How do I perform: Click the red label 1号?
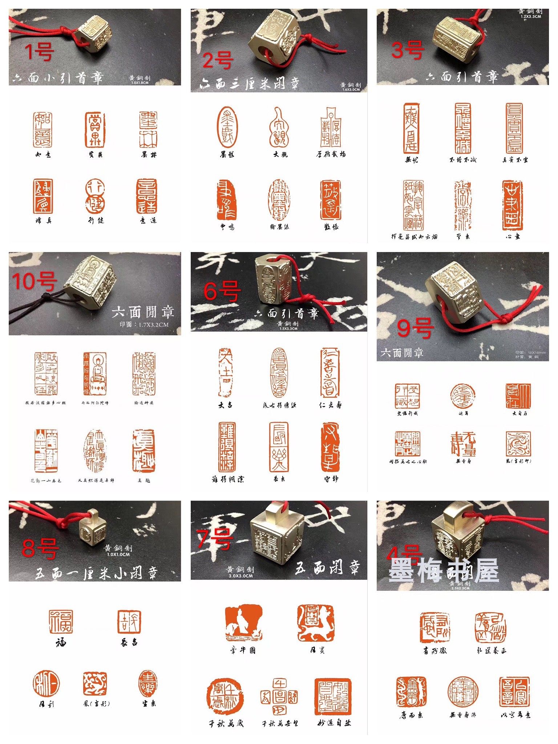[39, 51]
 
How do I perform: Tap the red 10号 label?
[35, 281]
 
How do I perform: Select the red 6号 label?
[222, 291]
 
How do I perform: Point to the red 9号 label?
[415, 328]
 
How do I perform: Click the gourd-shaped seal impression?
[279, 128]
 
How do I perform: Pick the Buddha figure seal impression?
[95, 374]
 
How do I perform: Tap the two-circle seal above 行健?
[95, 196]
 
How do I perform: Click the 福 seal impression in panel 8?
[61, 622]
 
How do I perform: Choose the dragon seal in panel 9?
[518, 444]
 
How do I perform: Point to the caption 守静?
[331, 479]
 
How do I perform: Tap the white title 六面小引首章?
[58, 78]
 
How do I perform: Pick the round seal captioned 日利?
[46, 684]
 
